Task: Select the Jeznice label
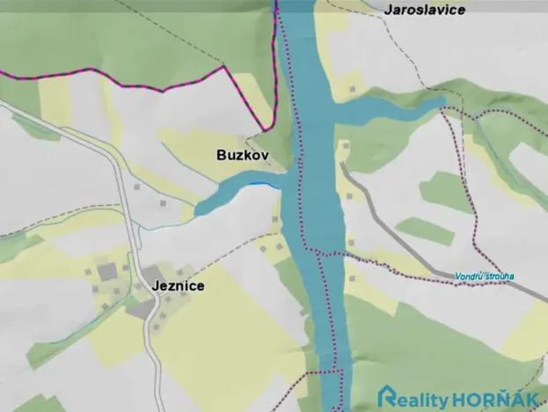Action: point(178,286)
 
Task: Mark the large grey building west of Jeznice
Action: point(106,269)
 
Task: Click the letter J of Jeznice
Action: point(154,286)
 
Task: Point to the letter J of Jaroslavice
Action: point(389,9)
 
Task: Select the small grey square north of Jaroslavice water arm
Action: point(352,89)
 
